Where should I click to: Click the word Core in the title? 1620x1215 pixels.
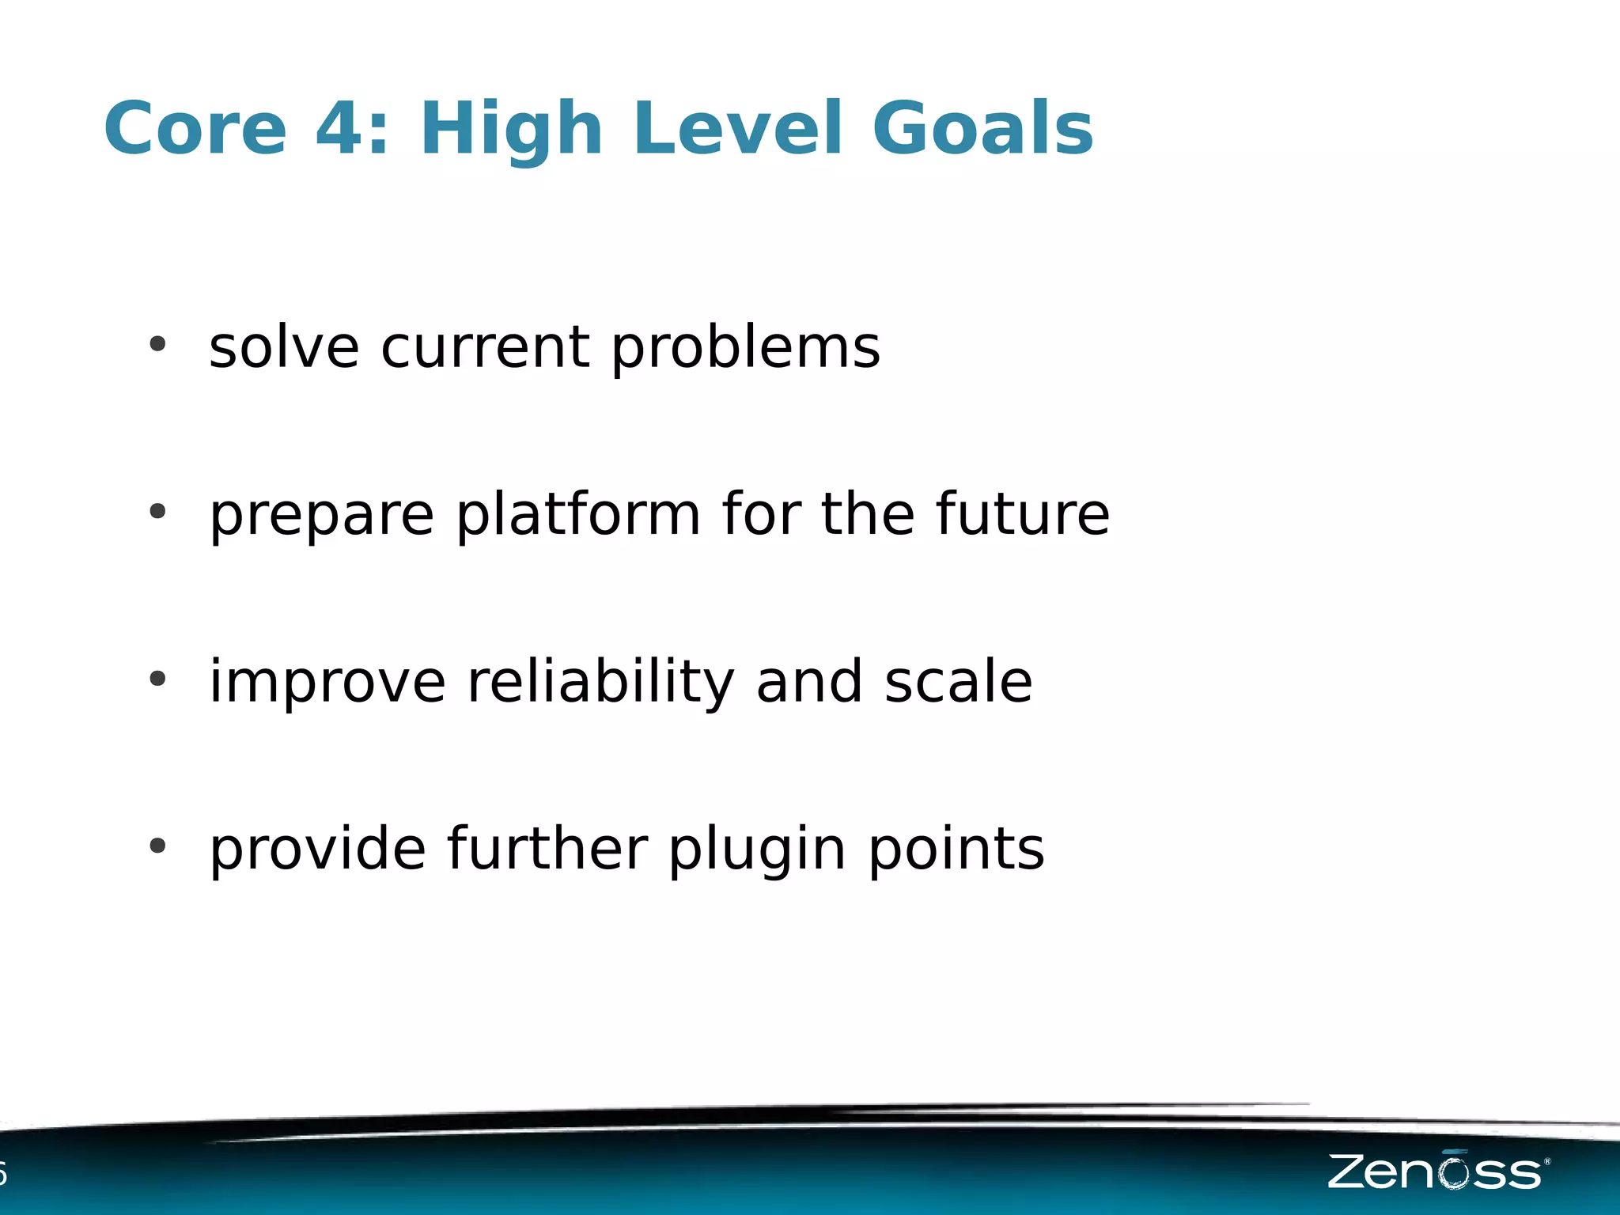tap(195, 129)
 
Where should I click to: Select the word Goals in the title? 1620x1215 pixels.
tap(982, 129)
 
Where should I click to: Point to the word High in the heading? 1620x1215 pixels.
tap(512, 129)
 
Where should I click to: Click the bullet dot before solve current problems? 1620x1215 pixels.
tap(157, 344)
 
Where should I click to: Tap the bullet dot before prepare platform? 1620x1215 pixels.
tap(157, 512)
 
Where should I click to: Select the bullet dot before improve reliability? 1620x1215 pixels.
tap(157, 679)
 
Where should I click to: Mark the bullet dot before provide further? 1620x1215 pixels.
tap(157, 846)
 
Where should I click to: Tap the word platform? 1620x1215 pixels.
tap(578, 516)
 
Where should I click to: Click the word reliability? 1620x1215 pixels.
tap(601, 682)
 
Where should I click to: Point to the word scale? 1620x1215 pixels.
tap(958, 682)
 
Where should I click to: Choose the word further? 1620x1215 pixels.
tap(547, 849)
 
